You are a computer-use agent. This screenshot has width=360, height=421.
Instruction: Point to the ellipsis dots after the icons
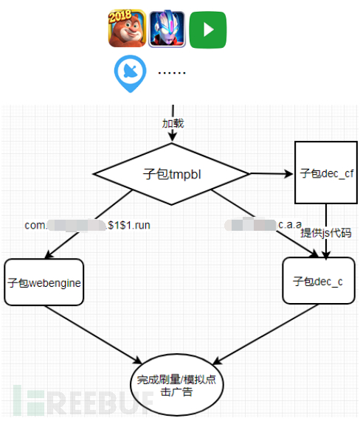pyautogui.click(x=171, y=72)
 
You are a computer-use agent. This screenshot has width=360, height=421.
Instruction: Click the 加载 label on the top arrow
pyautogui.click(x=173, y=122)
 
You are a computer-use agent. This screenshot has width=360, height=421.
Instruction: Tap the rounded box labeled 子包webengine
pyautogui.click(x=44, y=282)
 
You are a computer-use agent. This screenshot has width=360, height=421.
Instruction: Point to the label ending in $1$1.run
pyautogui.click(x=88, y=226)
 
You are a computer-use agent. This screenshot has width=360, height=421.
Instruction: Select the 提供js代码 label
pyautogui.click(x=325, y=232)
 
